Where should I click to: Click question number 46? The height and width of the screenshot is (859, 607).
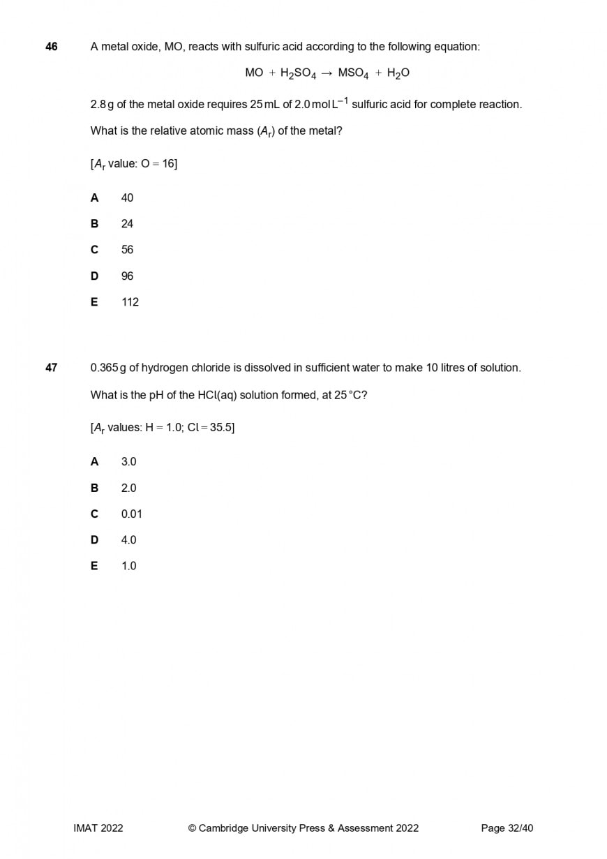pyautogui.click(x=52, y=47)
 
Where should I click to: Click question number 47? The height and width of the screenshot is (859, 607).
pyautogui.click(x=52, y=368)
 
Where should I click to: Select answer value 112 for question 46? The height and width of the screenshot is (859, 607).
pyautogui.click(x=130, y=302)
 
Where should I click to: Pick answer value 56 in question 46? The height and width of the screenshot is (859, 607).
pyautogui.click(x=127, y=250)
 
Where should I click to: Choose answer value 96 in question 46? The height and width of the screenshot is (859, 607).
pyautogui.click(x=127, y=276)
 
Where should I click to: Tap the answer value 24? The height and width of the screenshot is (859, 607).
pyautogui.click(x=127, y=224)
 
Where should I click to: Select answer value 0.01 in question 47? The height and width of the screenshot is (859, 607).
pyautogui.click(x=131, y=514)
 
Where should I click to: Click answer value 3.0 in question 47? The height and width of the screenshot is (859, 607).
pyautogui.click(x=128, y=462)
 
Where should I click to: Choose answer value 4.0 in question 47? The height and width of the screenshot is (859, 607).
pyautogui.click(x=128, y=540)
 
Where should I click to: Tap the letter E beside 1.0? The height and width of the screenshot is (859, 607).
pyautogui.click(x=94, y=566)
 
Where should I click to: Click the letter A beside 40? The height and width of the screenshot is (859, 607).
pyautogui.click(x=94, y=198)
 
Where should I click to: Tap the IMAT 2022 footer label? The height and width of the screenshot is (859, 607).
pyautogui.click(x=98, y=828)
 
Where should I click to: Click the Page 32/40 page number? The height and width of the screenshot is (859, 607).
pyautogui.click(x=507, y=828)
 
